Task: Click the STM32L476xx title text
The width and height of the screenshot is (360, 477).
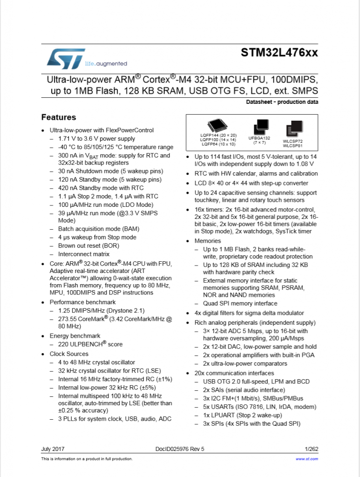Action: [x=279, y=53]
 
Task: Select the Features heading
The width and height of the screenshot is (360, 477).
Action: [x=59, y=117]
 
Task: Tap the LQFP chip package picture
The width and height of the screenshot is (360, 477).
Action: [x=218, y=126]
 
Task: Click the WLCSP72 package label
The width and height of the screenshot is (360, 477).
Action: [x=292, y=141]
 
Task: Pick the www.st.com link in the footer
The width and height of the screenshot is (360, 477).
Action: [x=307, y=459]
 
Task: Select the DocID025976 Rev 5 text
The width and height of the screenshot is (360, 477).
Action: [x=180, y=449]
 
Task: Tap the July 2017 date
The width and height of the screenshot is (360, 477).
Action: [x=53, y=449]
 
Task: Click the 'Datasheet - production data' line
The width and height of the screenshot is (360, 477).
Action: [x=282, y=102]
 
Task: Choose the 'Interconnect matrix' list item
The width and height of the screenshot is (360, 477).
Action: [x=84, y=254]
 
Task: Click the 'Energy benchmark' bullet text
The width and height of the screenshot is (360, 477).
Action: [x=75, y=336]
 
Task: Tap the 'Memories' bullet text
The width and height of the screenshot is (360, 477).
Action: [x=208, y=241]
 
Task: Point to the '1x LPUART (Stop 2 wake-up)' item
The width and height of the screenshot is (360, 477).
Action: [x=243, y=415]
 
